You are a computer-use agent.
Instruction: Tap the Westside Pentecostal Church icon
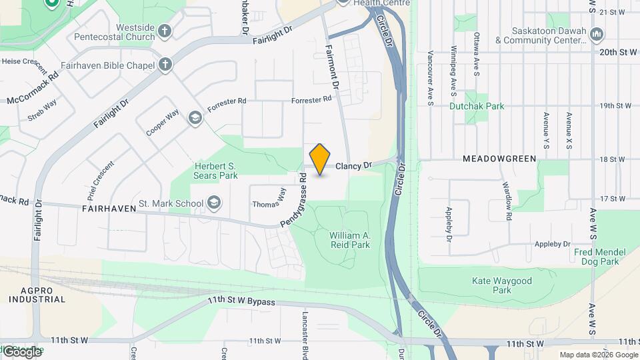(x=165, y=31)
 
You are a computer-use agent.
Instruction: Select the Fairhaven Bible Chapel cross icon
(x=165, y=65)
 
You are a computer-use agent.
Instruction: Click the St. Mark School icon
(x=214, y=203)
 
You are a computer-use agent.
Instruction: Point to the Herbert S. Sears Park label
(x=216, y=171)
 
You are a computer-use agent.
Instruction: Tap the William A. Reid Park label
(x=350, y=240)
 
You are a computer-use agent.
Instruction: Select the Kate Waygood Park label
(x=501, y=285)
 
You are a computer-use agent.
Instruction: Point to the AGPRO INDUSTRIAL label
(x=37, y=295)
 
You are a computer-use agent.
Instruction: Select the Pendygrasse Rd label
(x=294, y=200)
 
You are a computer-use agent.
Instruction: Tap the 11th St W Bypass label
(x=241, y=302)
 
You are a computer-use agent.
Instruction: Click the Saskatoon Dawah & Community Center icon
(x=597, y=34)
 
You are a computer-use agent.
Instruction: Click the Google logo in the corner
(x=21, y=351)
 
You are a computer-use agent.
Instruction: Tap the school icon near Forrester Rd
(x=195, y=118)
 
